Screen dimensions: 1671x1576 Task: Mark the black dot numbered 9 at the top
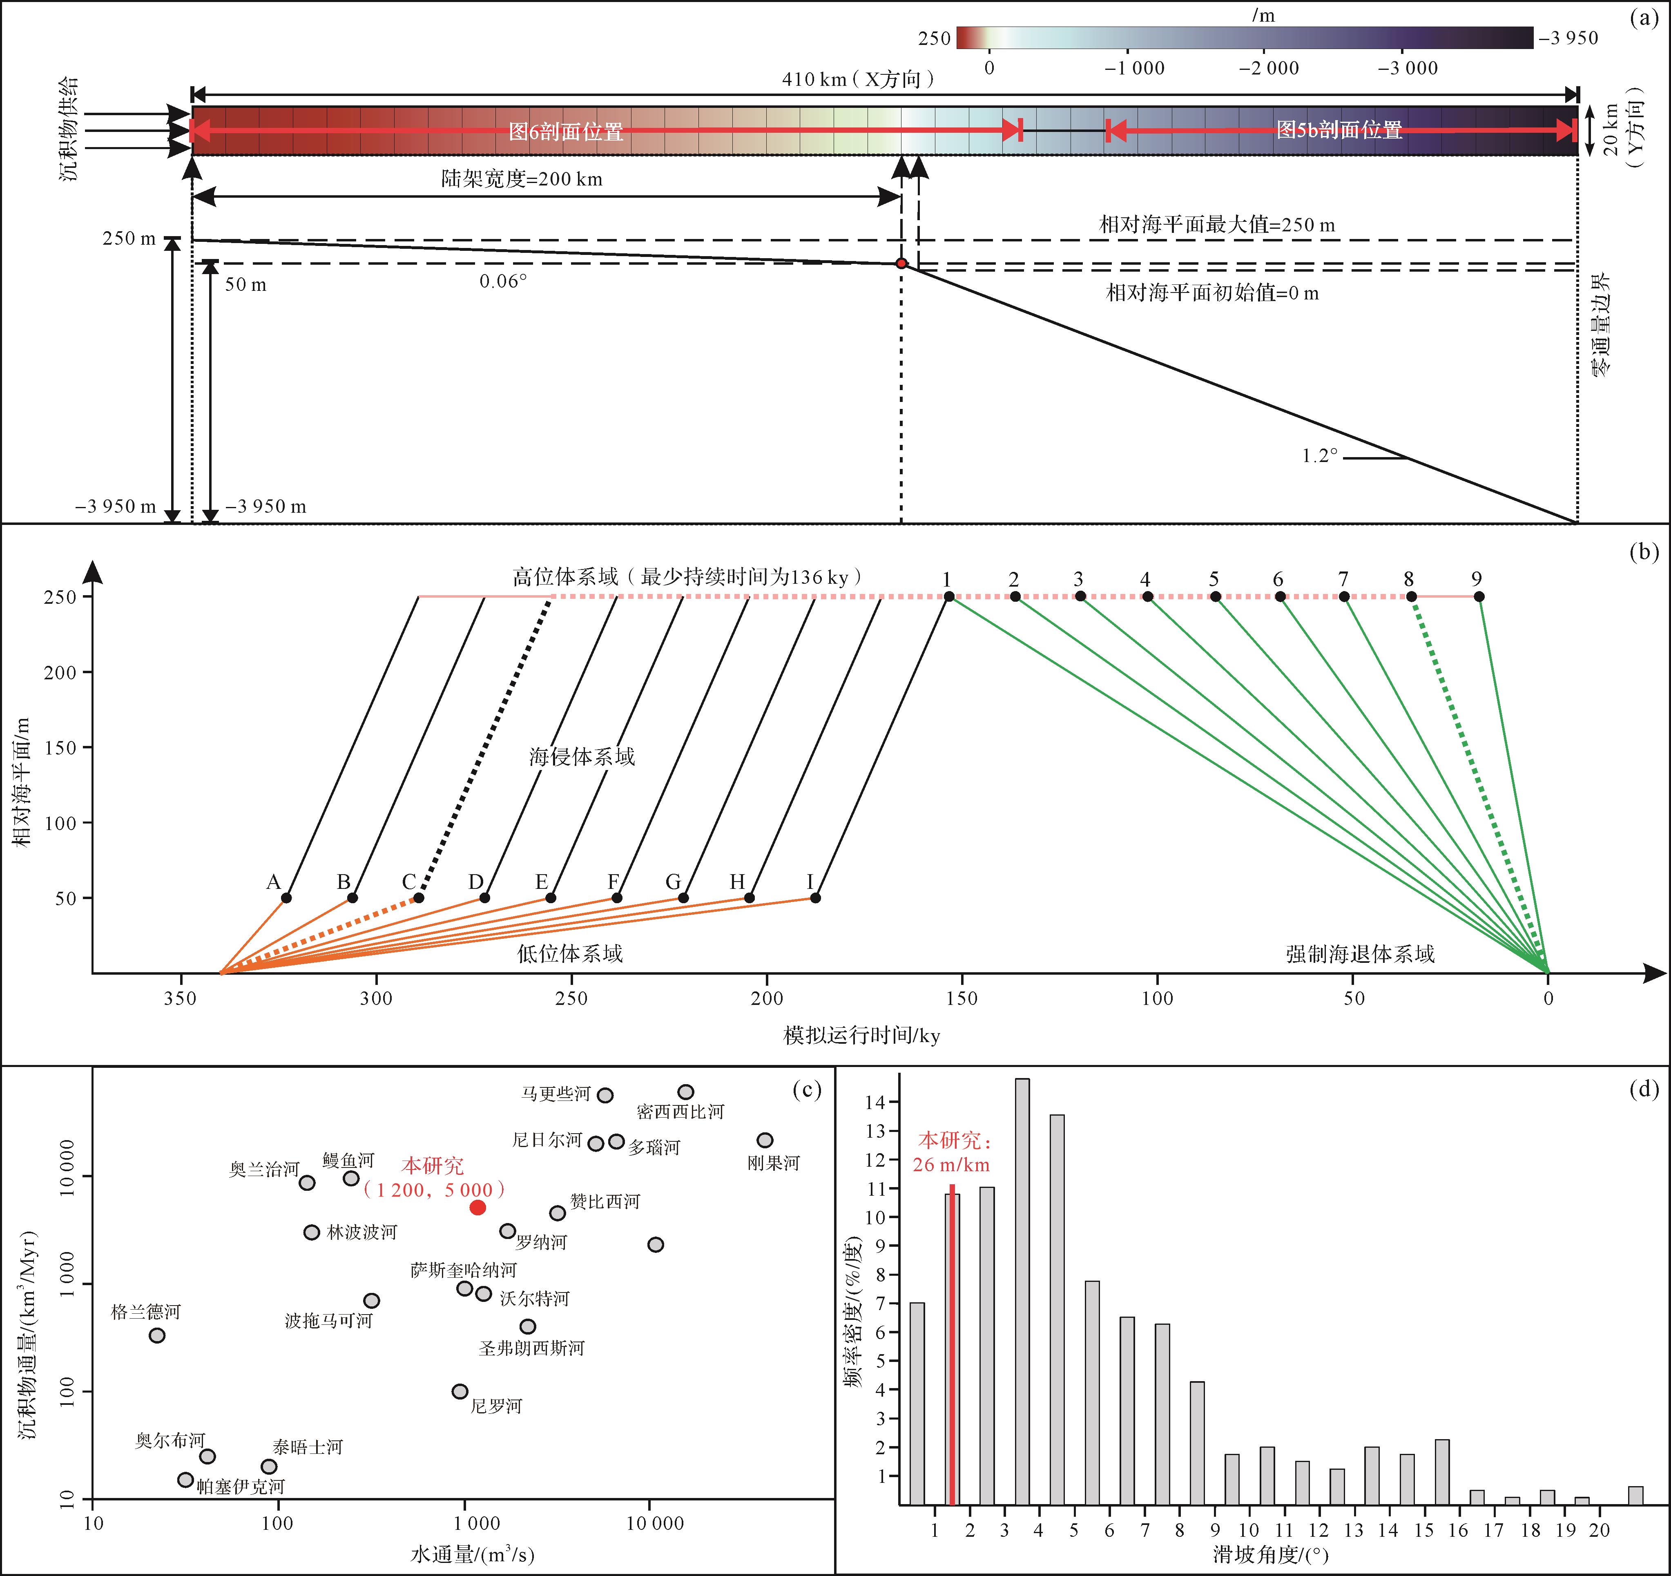coord(1479,597)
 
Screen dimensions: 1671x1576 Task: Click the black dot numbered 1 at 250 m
coord(949,597)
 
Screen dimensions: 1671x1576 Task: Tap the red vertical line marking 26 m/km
coord(953,1345)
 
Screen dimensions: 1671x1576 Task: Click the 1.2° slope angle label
coord(1320,455)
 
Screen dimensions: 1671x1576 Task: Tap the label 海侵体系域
coord(582,757)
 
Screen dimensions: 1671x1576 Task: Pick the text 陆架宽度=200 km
coord(522,179)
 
